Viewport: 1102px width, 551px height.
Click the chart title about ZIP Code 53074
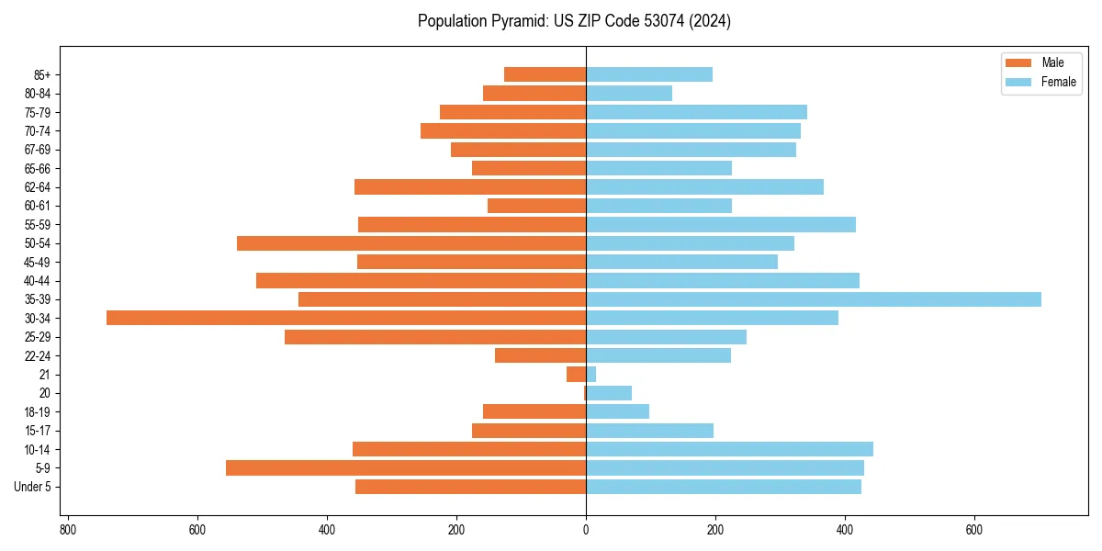(x=574, y=21)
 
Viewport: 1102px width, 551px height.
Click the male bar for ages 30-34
(x=346, y=318)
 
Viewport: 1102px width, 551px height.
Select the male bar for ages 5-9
(x=406, y=467)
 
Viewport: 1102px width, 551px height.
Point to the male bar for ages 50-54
(x=411, y=243)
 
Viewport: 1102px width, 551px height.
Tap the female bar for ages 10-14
(x=729, y=449)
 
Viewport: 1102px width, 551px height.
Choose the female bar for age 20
(x=609, y=393)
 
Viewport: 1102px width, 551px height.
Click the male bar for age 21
(x=577, y=374)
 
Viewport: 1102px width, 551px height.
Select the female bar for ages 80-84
(x=629, y=93)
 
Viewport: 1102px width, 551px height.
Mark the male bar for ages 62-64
(x=470, y=186)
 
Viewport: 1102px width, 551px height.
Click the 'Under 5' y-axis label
(x=32, y=487)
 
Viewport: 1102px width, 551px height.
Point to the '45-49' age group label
(x=38, y=262)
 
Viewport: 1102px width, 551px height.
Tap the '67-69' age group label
(x=38, y=150)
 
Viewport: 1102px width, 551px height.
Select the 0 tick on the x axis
(x=586, y=530)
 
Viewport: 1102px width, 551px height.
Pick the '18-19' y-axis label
(x=38, y=411)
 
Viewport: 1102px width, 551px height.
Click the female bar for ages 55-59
(x=721, y=224)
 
